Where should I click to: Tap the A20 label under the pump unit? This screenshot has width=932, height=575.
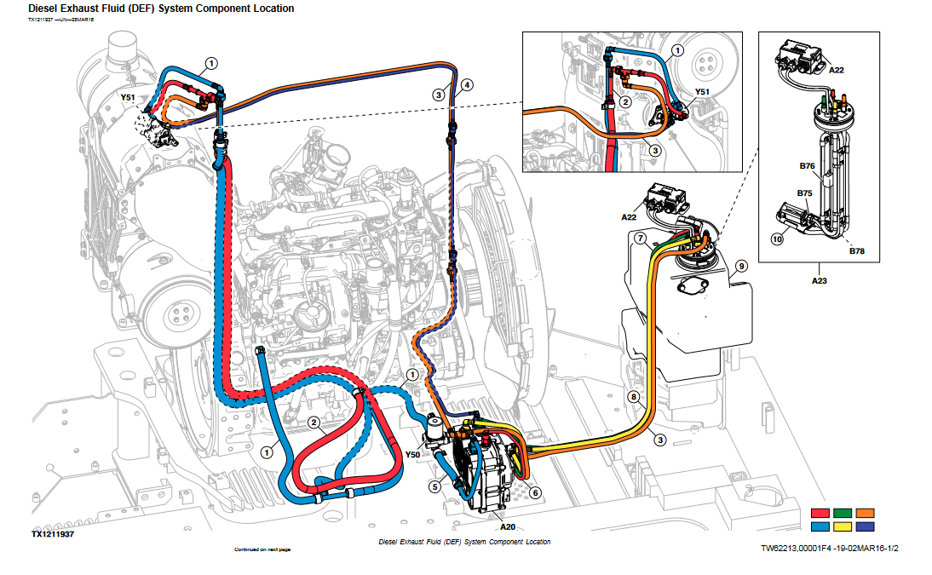click(x=508, y=526)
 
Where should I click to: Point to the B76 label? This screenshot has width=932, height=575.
click(x=806, y=167)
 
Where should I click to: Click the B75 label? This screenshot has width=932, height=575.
click(x=804, y=193)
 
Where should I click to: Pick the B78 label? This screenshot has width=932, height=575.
click(x=856, y=251)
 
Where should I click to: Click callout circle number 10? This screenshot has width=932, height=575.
click(x=777, y=239)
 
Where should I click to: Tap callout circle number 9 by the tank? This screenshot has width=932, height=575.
click(x=741, y=266)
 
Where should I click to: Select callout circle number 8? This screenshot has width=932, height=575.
click(x=633, y=397)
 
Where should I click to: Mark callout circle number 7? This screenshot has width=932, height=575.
click(x=640, y=236)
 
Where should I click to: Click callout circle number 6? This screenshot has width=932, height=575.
click(x=534, y=492)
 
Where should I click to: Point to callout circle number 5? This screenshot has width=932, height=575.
click(x=434, y=486)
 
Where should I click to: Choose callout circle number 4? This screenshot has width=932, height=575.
click(x=466, y=85)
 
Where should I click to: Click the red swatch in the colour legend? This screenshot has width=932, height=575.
click(x=821, y=513)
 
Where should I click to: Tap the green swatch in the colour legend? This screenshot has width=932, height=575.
click(x=843, y=513)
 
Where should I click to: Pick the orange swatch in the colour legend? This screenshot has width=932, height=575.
click(x=866, y=513)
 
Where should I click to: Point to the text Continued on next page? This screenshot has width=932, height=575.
click(x=262, y=549)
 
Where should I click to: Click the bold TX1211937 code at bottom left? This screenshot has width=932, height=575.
click(x=53, y=533)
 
